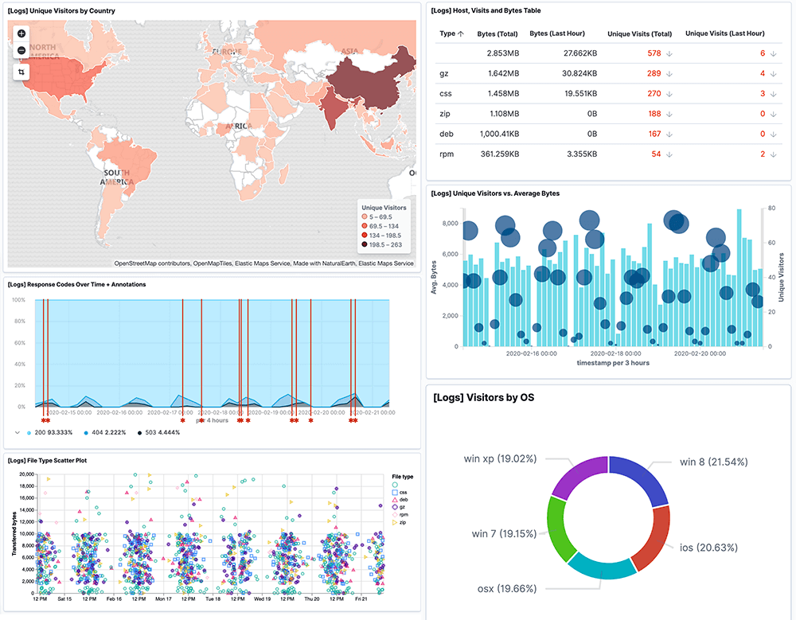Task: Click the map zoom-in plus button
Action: [x=21, y=33]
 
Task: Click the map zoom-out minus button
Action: [x=21, y=51]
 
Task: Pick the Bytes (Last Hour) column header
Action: [x=557, y=33]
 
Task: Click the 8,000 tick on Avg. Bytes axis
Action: [x=451, y=224]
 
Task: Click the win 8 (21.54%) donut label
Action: [x=712, y=462]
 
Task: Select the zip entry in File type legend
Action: [x=404, y=522]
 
